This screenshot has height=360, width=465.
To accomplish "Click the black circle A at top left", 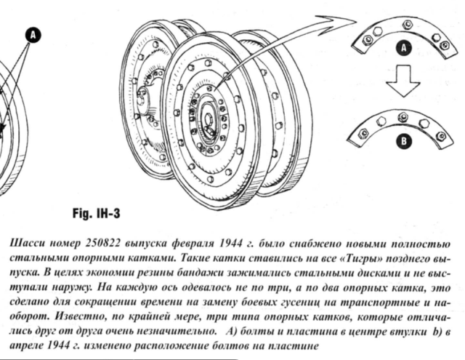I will click(x=31, y=33).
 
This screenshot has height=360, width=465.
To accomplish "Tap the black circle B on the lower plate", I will click(x=404, y=140).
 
